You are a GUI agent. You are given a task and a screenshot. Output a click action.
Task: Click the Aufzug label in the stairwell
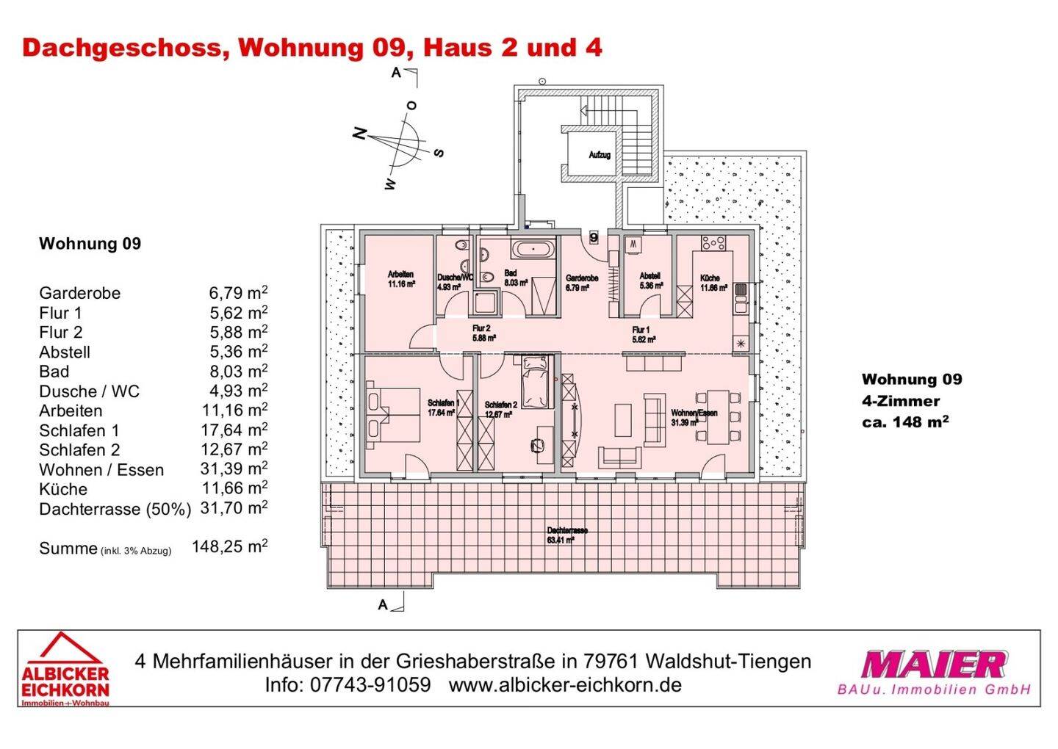[x=600, y=155]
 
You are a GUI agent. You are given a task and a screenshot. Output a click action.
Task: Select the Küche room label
[x=710, y=278]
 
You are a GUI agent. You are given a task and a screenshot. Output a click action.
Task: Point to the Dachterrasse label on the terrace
[x=567, y=530]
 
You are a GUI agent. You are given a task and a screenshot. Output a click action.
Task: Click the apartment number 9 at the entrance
[x=594, y=237]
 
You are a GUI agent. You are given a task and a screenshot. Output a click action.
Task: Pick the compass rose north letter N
[x=359, y=134]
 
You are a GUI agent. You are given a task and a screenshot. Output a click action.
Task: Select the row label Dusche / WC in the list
[x=89, y=391]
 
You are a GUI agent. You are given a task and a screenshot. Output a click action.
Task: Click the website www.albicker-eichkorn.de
[x=565, y=685]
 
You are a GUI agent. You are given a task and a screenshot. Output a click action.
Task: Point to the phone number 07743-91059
[x=370, y=685]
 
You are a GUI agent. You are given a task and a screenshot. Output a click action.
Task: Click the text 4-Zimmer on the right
[x=900, y=401]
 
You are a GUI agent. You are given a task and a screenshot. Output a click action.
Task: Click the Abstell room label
[x=649, y=276]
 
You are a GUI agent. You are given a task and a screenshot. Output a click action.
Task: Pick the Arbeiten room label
[x=400, y=275]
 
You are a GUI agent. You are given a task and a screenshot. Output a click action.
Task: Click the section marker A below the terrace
[x=383, y=605]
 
